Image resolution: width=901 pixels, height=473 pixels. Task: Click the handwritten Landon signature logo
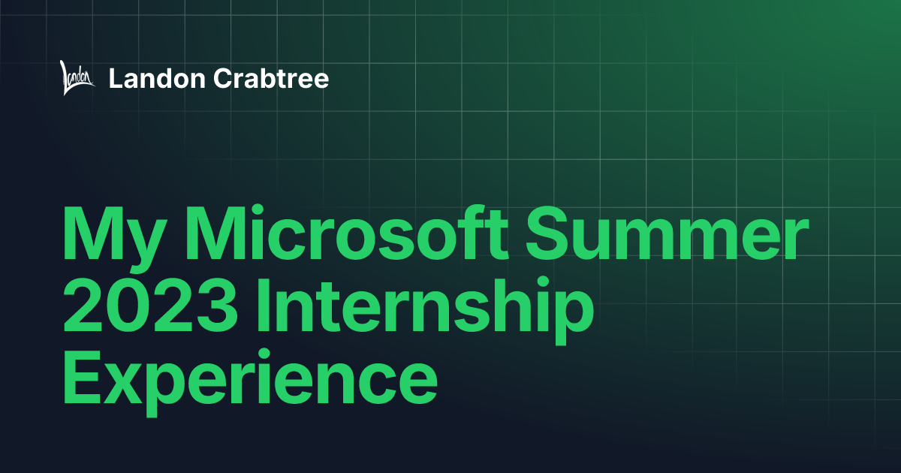77,78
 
